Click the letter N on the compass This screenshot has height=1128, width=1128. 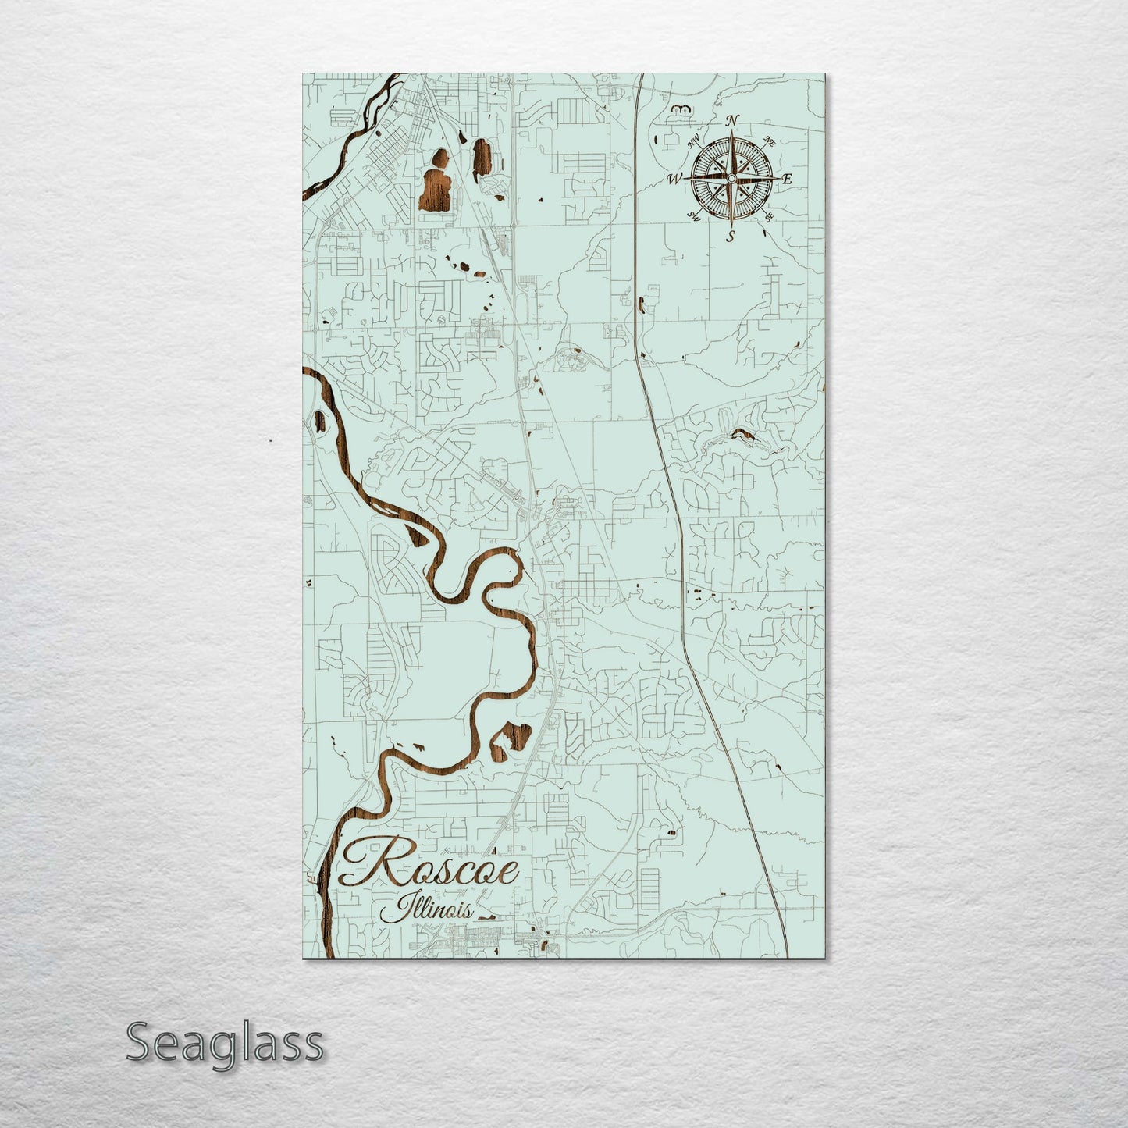732,120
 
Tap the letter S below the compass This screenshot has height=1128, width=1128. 731,235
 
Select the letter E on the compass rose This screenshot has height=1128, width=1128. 787,180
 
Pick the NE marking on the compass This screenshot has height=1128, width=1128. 770,141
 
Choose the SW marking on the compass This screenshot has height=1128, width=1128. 692,216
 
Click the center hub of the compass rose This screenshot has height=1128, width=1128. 731,179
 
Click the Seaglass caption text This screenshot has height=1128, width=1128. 225,1042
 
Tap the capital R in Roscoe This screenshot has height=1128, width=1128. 373,864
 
